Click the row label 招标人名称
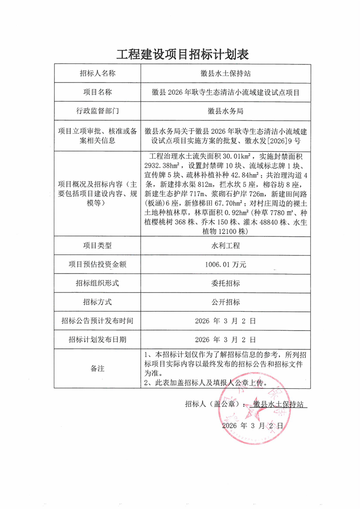pos(97,73)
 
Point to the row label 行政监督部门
pos(97,110)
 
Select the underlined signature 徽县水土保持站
pos(278,404)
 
